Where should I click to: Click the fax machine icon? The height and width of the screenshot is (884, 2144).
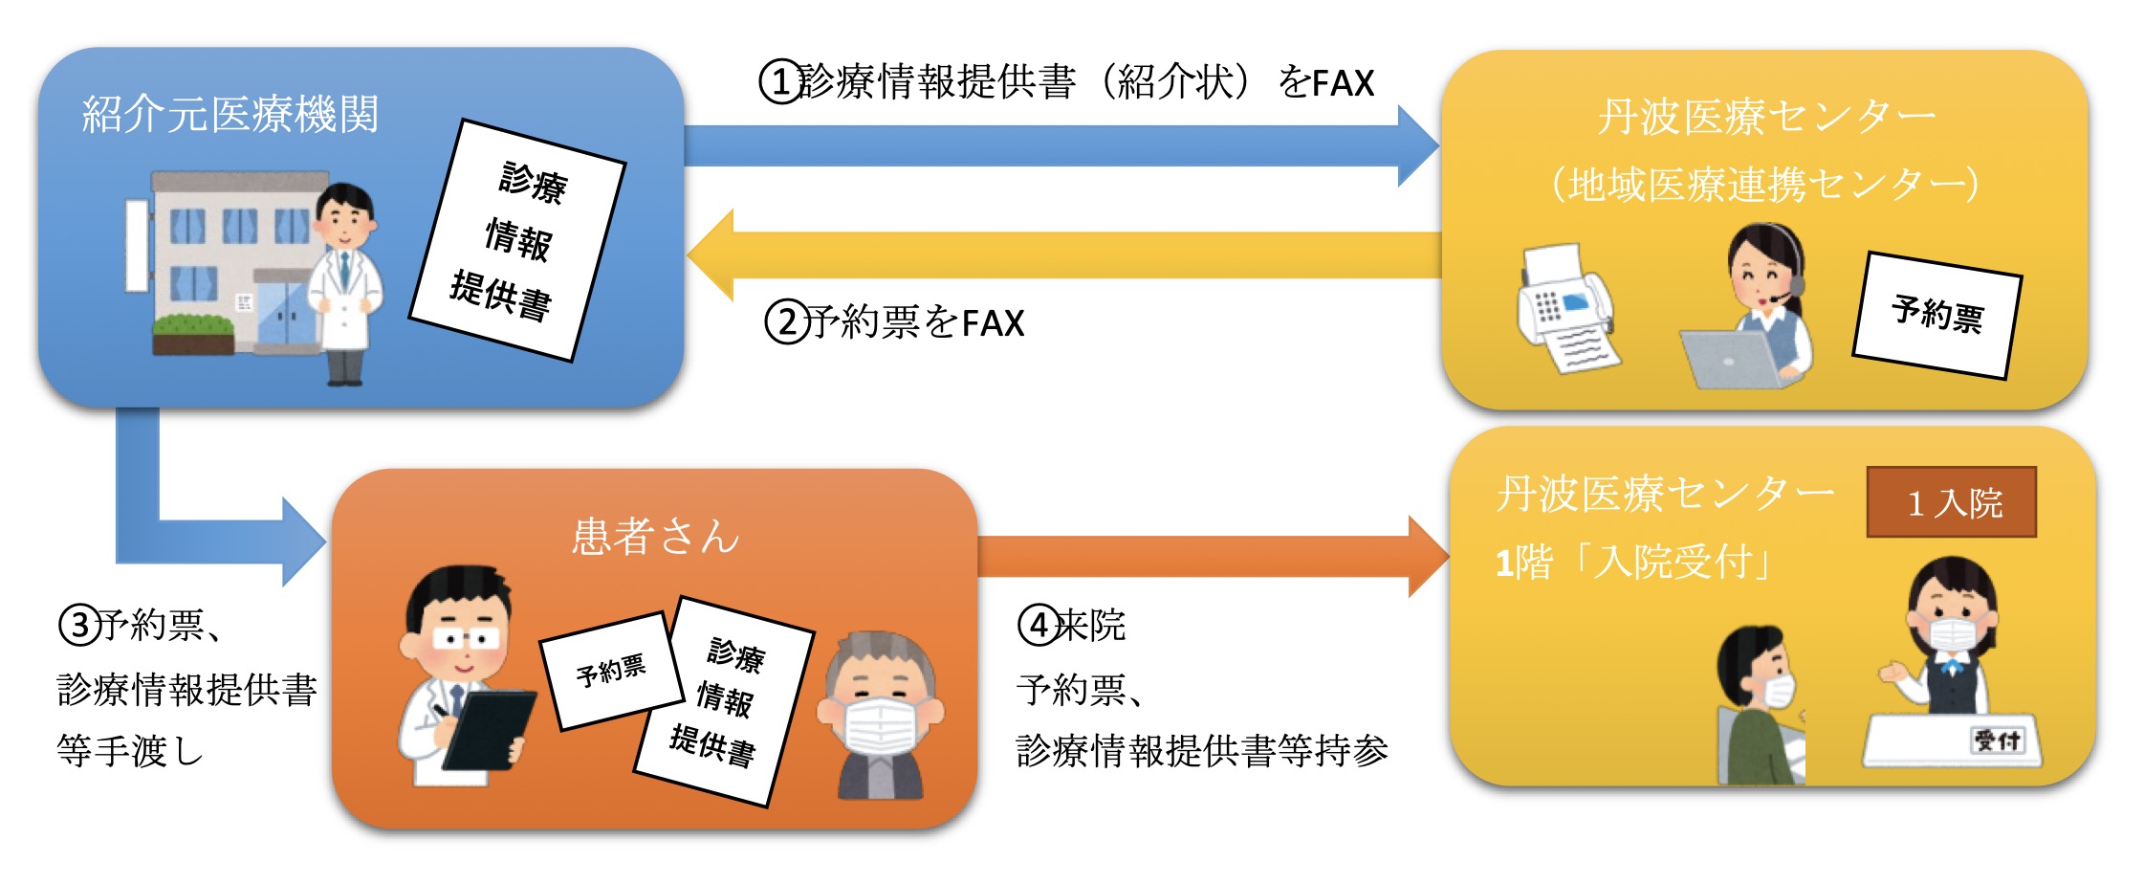pyautogui.click(x=1566, y=308)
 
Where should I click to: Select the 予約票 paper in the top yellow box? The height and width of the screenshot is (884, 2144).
pyautogui.click(x=1937, y=315)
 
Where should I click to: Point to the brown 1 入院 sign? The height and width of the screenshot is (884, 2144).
pyautogui.click(x=1952, y=502)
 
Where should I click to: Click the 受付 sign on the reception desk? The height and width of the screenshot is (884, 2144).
pyautogui.click(x=1998, y=740)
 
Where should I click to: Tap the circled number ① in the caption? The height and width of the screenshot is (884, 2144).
pyautogui.click(x=780, y=82)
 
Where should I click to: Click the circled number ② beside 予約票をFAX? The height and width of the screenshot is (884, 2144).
pyautogui.click(x=786, y=322)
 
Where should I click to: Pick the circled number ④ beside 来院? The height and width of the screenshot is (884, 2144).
pyautogui.click(x=1039, y=626)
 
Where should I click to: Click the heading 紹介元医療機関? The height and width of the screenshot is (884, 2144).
pyautogui.click(x=230, y=115)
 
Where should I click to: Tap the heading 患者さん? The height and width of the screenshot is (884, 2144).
pyautogui.click(x=655, y=536)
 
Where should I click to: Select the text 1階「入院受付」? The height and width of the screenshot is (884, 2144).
pyautogui.click(x=1633, y=562)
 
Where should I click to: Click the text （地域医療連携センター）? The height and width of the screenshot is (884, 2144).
pyautogui.click(x=1765, y=184)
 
